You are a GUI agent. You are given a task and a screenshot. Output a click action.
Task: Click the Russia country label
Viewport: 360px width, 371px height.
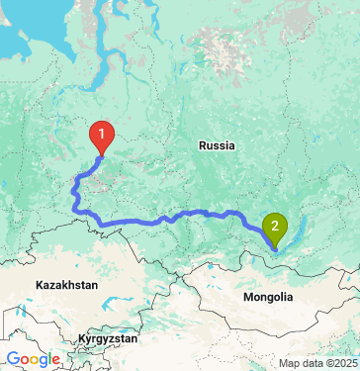[x=217, y=145]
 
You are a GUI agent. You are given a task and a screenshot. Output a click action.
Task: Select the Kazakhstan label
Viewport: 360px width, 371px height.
[x=67, y=285]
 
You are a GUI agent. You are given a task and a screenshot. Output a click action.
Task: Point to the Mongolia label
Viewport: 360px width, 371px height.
[x=268, y=297]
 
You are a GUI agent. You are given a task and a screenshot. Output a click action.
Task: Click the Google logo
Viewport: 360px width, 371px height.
[x=34, y=360]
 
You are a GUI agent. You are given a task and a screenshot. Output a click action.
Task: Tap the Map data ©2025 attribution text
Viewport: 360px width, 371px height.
[x=315, y=363]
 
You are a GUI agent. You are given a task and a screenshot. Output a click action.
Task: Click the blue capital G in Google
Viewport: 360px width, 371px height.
[x=13, y=360]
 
